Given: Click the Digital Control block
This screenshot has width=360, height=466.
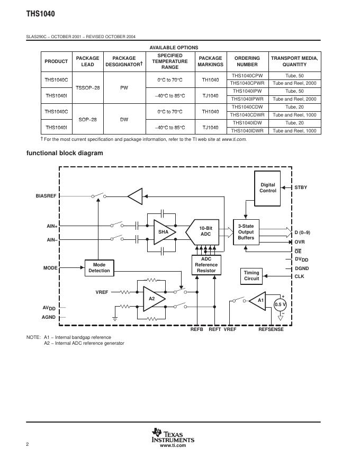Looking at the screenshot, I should click(268, 188).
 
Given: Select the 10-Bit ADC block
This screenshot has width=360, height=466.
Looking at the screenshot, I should click(205, 231).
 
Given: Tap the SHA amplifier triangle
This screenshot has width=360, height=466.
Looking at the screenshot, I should click(164, 231).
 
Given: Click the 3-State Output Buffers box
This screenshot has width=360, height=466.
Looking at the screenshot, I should click(246, 232).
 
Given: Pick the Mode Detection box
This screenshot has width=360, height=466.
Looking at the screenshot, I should click(99, 268).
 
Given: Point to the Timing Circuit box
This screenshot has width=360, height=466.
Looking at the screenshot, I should click(251, 275).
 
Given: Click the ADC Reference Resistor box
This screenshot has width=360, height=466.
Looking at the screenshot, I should click(206, 265).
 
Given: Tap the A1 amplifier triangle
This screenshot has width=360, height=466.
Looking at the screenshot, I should click(259, 301).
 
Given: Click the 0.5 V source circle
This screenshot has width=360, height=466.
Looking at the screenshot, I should click(280, 304).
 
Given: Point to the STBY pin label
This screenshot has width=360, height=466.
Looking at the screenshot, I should click(301, 187).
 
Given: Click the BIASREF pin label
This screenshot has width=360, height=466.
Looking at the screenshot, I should click(46, 196).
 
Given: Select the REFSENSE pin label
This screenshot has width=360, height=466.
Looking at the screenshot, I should click(271, 329).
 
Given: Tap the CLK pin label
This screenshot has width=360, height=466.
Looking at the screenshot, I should click(299, 276).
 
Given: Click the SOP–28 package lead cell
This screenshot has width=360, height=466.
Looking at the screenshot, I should click(87, 120).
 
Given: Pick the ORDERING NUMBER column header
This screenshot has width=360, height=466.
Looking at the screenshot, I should click(247, 61).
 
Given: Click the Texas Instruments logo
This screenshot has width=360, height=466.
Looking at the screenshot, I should click(173, 436).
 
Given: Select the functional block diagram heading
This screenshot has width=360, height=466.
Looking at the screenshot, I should click(65, 153).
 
